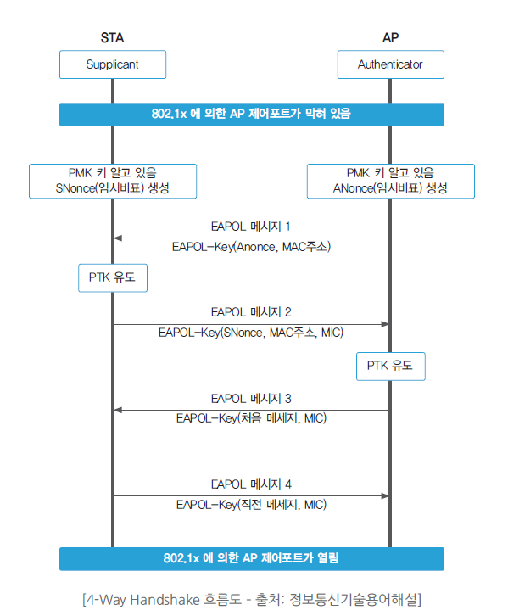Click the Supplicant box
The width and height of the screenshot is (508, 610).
point(113,64)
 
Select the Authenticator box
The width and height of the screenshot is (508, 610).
point(390,64)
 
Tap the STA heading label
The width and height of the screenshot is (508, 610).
point(113,37)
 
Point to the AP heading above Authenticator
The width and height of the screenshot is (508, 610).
point(390,37)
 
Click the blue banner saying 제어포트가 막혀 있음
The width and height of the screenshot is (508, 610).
point(252,115)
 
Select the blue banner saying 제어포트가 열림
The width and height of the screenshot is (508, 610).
point(252,558)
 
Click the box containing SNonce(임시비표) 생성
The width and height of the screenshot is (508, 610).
point(113,182)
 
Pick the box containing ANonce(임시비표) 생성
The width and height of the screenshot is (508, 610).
point(390,182)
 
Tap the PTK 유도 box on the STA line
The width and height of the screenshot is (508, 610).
point(113,277)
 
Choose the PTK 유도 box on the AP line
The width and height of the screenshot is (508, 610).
point(390,367)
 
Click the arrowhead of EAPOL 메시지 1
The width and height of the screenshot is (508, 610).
point(118,238)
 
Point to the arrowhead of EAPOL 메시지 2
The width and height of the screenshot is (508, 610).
point(385,324)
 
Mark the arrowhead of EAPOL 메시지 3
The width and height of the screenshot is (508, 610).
point(118,410)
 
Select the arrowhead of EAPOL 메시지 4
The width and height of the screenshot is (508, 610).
point(385,496)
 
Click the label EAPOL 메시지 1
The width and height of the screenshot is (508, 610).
point(251,227)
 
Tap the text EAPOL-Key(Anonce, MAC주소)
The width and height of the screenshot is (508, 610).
point(251,247)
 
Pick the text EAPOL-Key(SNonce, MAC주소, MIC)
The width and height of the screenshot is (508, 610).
point(251,333)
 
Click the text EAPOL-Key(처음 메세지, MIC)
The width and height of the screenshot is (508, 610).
point(251,418)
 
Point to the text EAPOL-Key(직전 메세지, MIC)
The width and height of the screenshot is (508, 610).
point(251,505)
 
